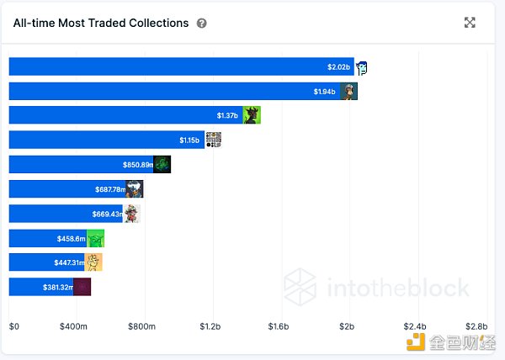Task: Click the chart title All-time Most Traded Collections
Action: point(101,24)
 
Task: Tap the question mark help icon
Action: point(202,24)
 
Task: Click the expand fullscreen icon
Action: point(470,23)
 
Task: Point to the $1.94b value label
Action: point(326,92)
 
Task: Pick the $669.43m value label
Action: point(107,214)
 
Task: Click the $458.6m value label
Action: point(71,239)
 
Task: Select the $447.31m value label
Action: point(68,262)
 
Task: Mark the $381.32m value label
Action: point(56,287)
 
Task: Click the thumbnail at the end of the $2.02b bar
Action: point(363,67)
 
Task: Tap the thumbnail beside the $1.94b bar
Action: point(349,92)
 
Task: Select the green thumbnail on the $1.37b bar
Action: point(252,116)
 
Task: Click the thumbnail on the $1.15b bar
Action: point(214,140)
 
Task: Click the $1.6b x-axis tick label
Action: point(278,326)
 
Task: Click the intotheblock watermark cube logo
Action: point(299,287)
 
